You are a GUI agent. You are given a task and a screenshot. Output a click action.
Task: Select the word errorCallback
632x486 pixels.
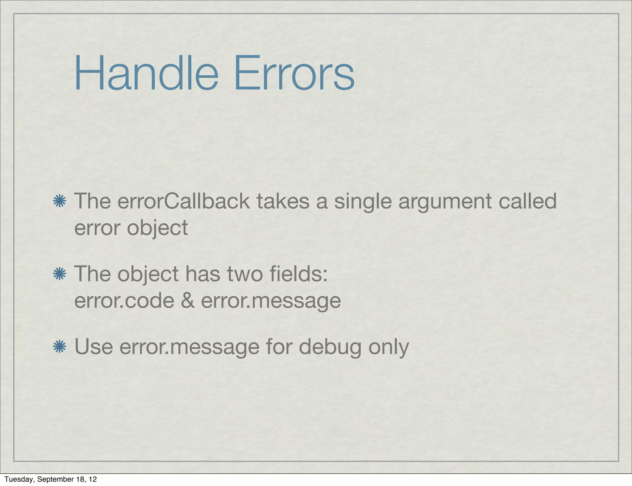[184, 201]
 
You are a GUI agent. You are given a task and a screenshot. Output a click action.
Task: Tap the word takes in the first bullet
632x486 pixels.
[283, 201]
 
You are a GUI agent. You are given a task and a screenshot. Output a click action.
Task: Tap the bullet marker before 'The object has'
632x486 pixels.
[60, 274]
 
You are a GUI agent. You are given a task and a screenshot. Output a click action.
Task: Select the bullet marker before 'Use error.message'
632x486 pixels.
[60, 347]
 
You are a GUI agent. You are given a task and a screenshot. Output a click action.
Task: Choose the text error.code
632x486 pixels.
[124, 301]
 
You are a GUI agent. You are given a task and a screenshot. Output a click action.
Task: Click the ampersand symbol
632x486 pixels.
[188, 301]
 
